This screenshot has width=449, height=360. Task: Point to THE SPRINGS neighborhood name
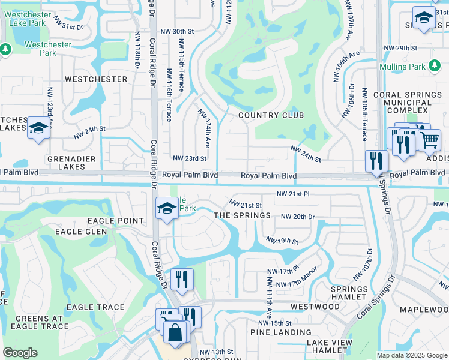pos(243,215)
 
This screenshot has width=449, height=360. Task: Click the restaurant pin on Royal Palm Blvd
pos(376,161)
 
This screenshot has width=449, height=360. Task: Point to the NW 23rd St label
pos(190,158)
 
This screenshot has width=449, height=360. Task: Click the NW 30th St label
pos(178,31)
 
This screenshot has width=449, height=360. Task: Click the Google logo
pos(20,353)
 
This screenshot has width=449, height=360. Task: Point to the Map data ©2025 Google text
pos(411,355)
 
